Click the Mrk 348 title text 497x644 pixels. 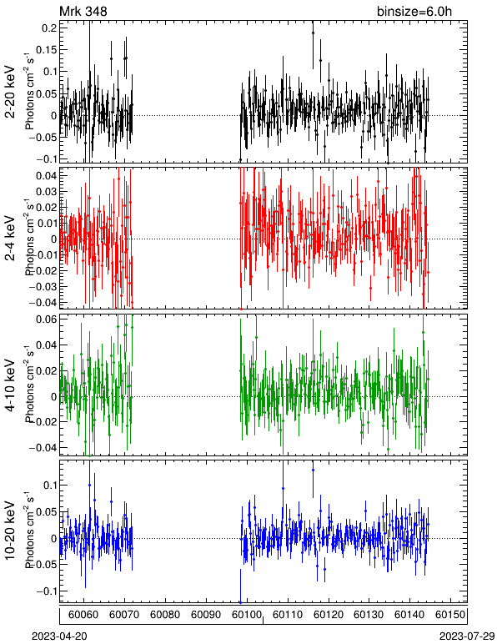pyautogui.click(x=83, y=11)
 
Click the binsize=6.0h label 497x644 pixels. pyautogui.click(x=414, y=11)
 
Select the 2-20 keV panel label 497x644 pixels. pyautogui.click(x=10, y=92)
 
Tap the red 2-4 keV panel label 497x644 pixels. pyautogui.click(x=10, y=239)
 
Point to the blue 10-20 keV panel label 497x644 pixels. pyautogui.click(x=10, y=531)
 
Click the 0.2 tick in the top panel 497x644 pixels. pyautogui.click(x=49, y=28)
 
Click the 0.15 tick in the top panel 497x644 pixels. pyautogui.click(x=46, y=50)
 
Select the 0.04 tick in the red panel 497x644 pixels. pyautogui.click(x=46, y=176)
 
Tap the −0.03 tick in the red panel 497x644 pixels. pyautogui.click(x=43, y=286)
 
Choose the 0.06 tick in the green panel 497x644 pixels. pyautogui.click(x=46, y=319)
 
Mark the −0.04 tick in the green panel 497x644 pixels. pyautogui.click(x=43, y=447)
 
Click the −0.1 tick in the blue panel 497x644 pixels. pyautogui.click(x=46, y=591)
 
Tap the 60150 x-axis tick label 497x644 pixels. pyautogui.click(x=450, y=615)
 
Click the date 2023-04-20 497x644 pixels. pyautogui.click(x=59, y=636)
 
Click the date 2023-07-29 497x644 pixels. pyautogui.click(x=467, y=636)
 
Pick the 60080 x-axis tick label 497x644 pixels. pyautogui.click(x=165, y=615)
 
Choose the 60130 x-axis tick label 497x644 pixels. pyautogui.click(x=369, y=615)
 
